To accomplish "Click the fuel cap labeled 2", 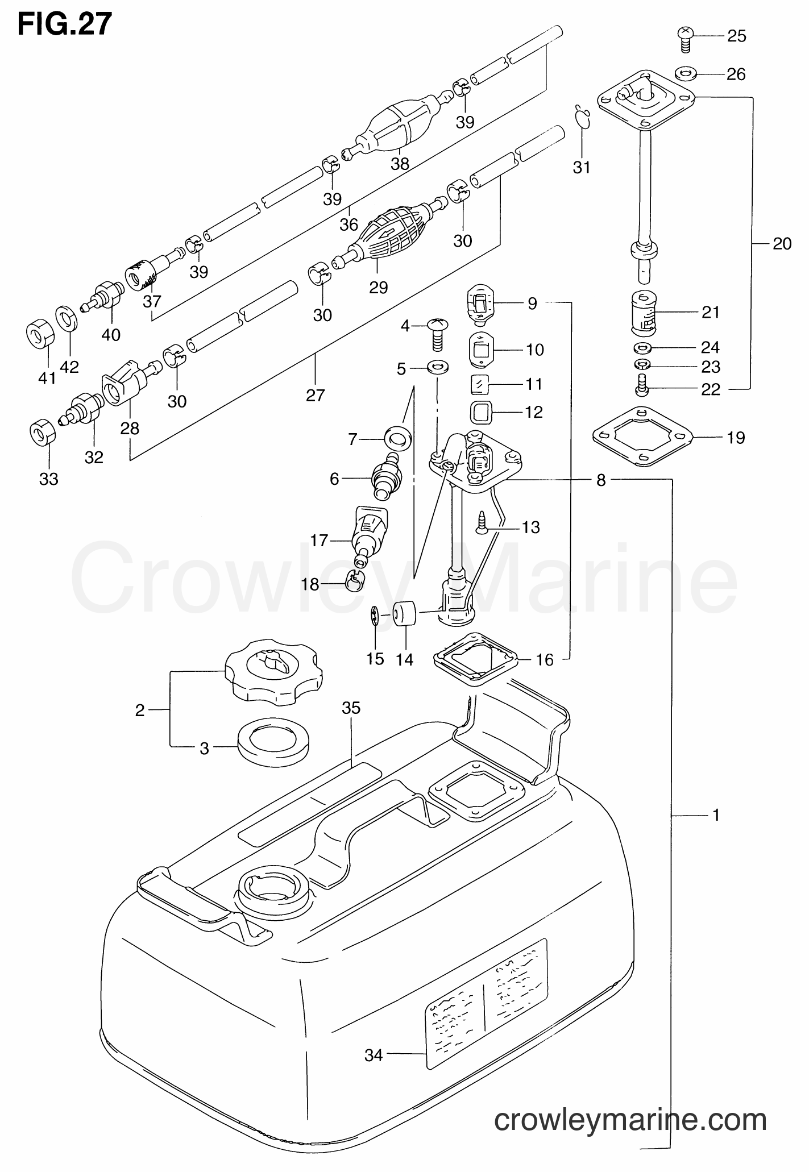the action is (273, 672).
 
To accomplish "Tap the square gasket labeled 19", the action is (642, 436).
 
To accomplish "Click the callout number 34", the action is (374, 1055).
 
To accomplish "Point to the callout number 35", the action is (351, 708).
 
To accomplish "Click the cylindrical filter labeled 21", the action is (644, 312).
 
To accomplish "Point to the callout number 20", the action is (782, 243).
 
